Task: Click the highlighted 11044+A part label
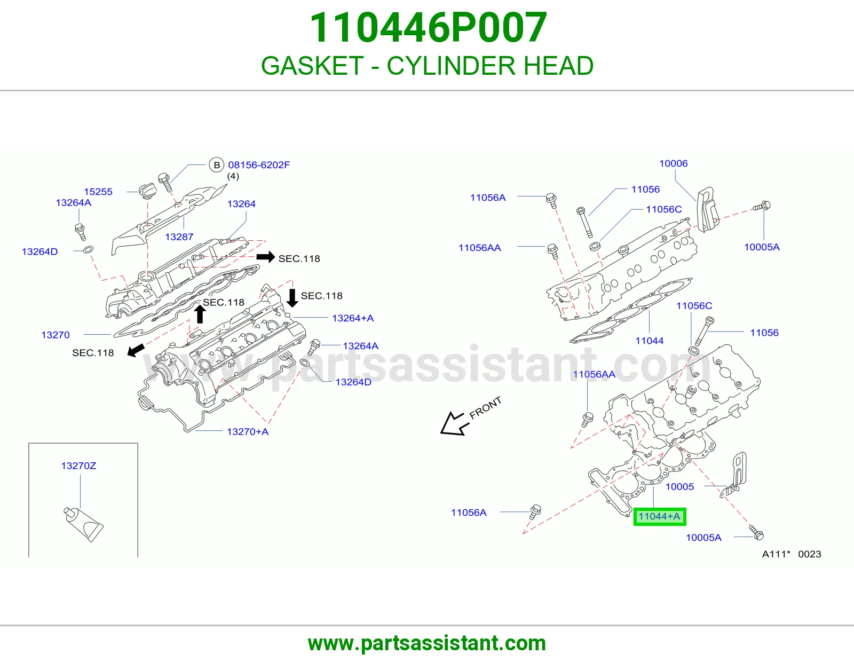click(660, 516)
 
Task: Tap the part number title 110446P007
click(428, 28)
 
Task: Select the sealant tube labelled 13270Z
click(83, 524)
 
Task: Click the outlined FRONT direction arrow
click(455, 424)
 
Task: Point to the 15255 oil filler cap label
click(98, 192)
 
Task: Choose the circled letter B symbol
click(217, 165)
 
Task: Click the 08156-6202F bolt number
click(259, 165)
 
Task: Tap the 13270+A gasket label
click(248, 432)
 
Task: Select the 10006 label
click(673, 163)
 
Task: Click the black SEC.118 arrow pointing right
click(266, 257)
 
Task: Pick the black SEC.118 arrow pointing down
click(292, 298)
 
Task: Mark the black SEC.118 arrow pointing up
click(200, 314)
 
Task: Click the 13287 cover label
click(179, 237)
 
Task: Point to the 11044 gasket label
click(649, 341)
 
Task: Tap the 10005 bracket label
click(679, 487)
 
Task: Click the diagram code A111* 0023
click(792, 554)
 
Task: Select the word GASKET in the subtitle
click(312, 66)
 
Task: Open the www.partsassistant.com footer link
click(427, 643)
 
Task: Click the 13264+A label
click(353, 318)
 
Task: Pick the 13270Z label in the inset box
click(78, 466)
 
